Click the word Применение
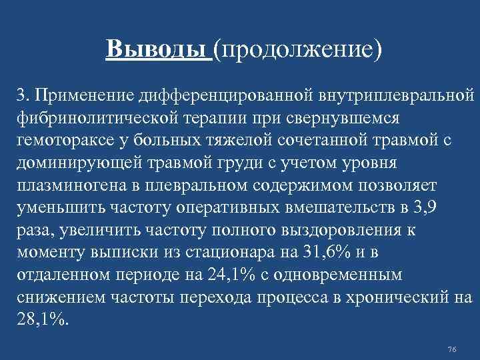tap(84, 96)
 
